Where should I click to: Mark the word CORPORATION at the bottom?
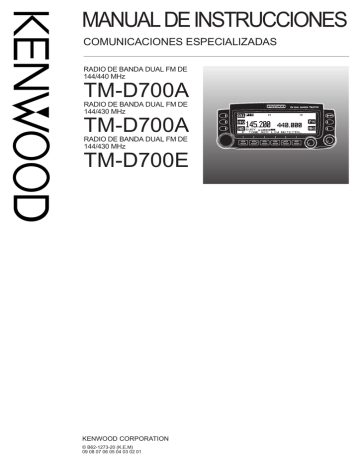point(149,439)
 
